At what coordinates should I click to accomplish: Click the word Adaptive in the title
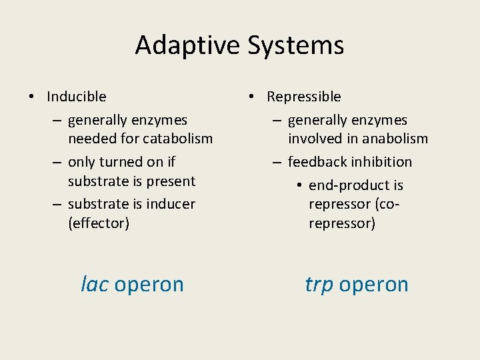[189, 45]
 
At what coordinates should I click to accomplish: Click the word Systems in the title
[295, 45]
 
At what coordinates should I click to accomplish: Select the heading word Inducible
[77, 97]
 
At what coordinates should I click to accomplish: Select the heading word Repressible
[303, 97]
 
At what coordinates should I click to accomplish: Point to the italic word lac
[94, 284]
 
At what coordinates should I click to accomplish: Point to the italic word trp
[319, 284]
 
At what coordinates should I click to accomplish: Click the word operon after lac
[149, 285]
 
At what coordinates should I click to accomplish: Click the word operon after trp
[373, 285]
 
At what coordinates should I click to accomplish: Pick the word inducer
[171, 204]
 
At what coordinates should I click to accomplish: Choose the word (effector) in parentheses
[99, 223]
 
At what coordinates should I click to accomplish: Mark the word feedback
[316, 162]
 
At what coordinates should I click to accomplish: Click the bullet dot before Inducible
[31, 97]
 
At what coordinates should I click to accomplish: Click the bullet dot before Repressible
[251, 97]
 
